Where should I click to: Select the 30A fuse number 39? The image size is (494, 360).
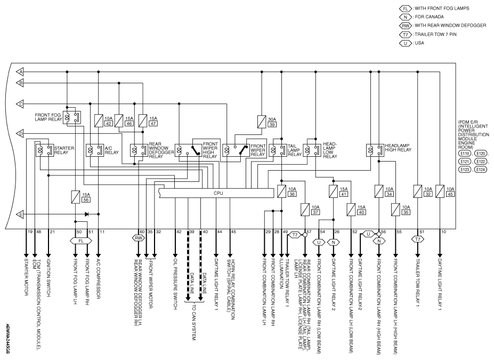[262, 122]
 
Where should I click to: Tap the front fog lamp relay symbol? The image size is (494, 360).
[72, 117]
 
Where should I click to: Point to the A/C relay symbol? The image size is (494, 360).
[95, 150]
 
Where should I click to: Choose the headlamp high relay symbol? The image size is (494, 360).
[375, 150]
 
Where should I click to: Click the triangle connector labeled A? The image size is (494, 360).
[20, 72]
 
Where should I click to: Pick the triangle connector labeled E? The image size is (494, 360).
[20, 214]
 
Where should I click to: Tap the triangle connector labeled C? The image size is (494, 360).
[20, 103]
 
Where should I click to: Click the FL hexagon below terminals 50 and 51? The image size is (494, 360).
[81, 241]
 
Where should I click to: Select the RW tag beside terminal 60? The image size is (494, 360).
[138, 238]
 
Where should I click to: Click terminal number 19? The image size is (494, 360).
[30, 232]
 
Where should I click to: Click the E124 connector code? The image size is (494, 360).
[481, 170]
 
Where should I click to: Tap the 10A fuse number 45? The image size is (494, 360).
[440, 191]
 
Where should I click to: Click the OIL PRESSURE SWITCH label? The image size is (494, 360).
[175, 284]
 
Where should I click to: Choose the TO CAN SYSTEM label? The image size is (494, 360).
[194, 322]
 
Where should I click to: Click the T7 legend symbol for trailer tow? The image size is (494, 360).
[406, 34]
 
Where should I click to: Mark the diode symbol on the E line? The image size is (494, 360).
[87, 214]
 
